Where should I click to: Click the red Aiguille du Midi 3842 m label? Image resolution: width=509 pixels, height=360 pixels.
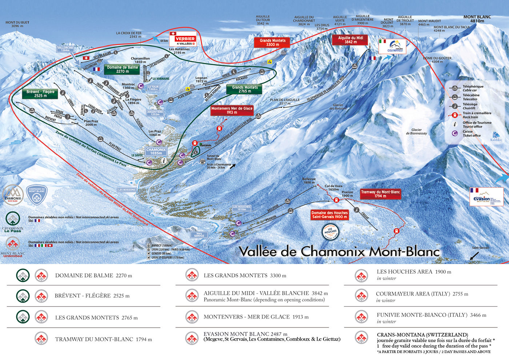click(x=350, y=40)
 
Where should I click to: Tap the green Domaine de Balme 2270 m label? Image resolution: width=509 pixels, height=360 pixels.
click(x=122, y=69)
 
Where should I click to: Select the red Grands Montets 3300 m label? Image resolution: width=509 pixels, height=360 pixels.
click(x=272, y=43)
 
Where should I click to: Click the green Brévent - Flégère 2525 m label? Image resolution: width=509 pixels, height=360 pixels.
click(x=40, y=94)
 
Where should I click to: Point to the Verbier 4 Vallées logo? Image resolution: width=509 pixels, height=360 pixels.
click(x=183, y=39)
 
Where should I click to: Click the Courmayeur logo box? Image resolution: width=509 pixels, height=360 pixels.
click(x=392, y=47)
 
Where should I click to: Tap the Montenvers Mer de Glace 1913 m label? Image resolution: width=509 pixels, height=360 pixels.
click(x=232, y=111)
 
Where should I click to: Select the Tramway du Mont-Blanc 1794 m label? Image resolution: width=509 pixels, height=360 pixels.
click(x=380, y=194)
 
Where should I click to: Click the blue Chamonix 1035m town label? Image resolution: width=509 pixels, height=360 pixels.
click(x=156, y=151)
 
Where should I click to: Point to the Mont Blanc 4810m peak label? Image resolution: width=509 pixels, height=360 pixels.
click(x=477, y=19)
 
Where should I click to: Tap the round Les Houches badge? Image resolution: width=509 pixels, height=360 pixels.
click(x=330, y=231)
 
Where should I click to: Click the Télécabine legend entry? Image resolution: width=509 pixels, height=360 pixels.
click(x=471, y=97)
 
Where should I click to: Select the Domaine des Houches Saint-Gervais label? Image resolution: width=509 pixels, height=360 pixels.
click(x=330, y=215)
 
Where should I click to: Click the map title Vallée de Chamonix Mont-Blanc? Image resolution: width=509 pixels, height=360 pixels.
click(x=339, y=252)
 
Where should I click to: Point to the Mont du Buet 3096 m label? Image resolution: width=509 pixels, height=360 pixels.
click(x=17, y=24)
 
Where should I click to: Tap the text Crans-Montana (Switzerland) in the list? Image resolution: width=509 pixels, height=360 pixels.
click(x=422, y=335)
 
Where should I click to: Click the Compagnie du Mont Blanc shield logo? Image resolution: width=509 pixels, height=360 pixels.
click(x=37, y=195)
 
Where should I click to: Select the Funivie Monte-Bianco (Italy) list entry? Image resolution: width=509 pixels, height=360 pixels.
click(x=431, y=315)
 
